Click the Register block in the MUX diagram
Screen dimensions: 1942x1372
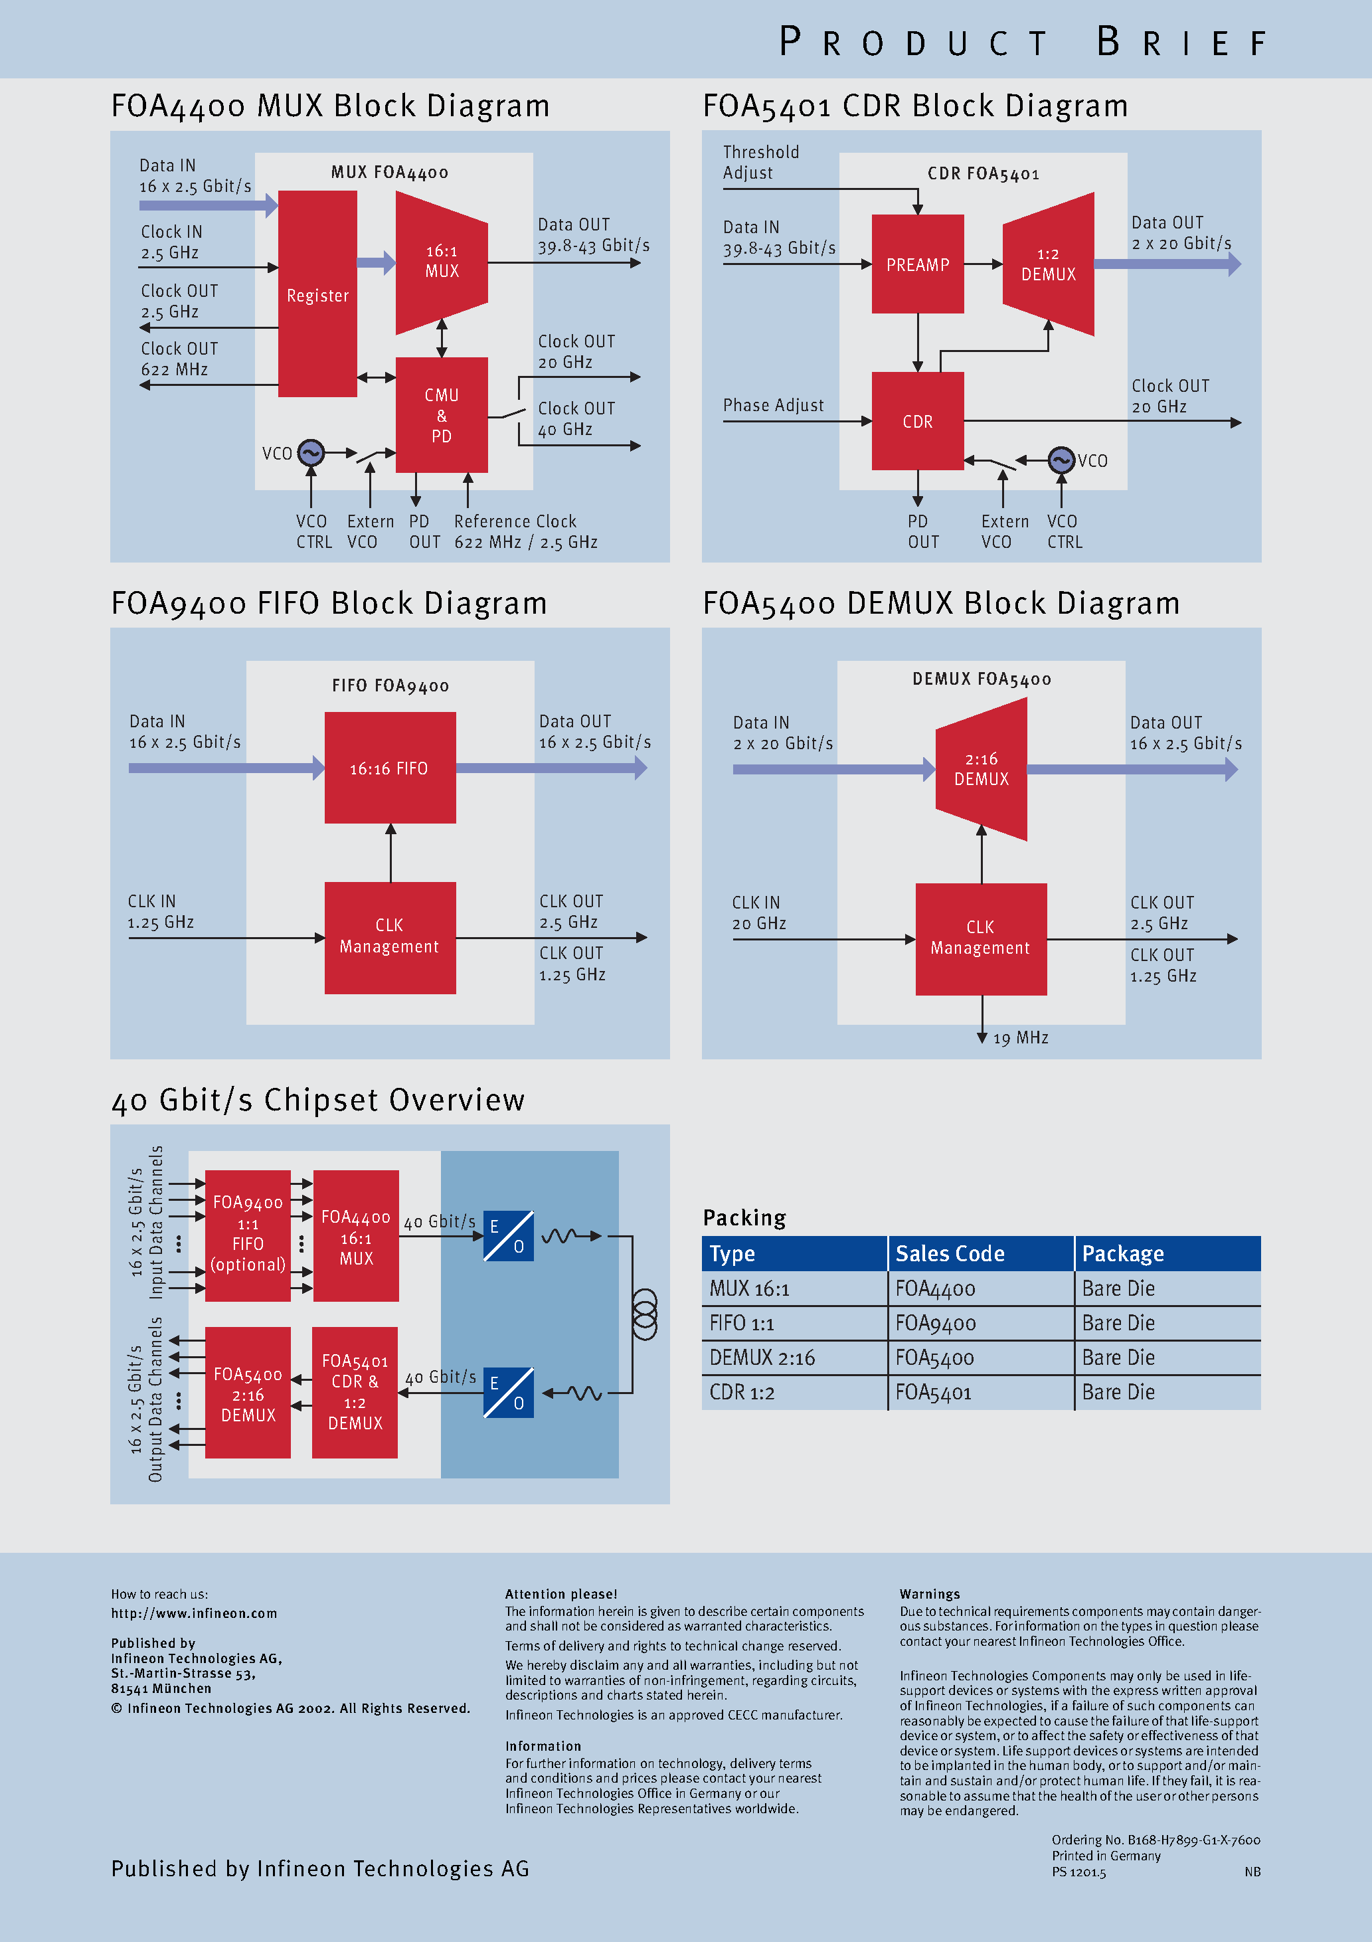coord(317,294)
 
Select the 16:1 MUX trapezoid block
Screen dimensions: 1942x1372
coord(442,262)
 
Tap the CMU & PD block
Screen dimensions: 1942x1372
coord(442,415)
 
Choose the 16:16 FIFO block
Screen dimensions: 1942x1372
coord(390,768)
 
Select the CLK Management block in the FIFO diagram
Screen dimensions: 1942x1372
coord(390,937)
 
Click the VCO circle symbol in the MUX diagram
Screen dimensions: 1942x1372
coord(311,452)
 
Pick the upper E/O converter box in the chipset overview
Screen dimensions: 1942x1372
coord(509,1236)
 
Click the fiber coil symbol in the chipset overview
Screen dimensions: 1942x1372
coord(645,1314)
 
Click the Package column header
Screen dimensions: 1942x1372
coord(1122,1253)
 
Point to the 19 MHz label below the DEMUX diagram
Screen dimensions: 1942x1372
coord(1021,1038)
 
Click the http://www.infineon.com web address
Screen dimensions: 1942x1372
coord(194,1613)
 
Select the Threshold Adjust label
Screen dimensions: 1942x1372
coord(760,163)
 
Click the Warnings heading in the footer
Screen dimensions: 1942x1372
coord(930,1593)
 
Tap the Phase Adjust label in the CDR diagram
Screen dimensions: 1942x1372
coord(773,405)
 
